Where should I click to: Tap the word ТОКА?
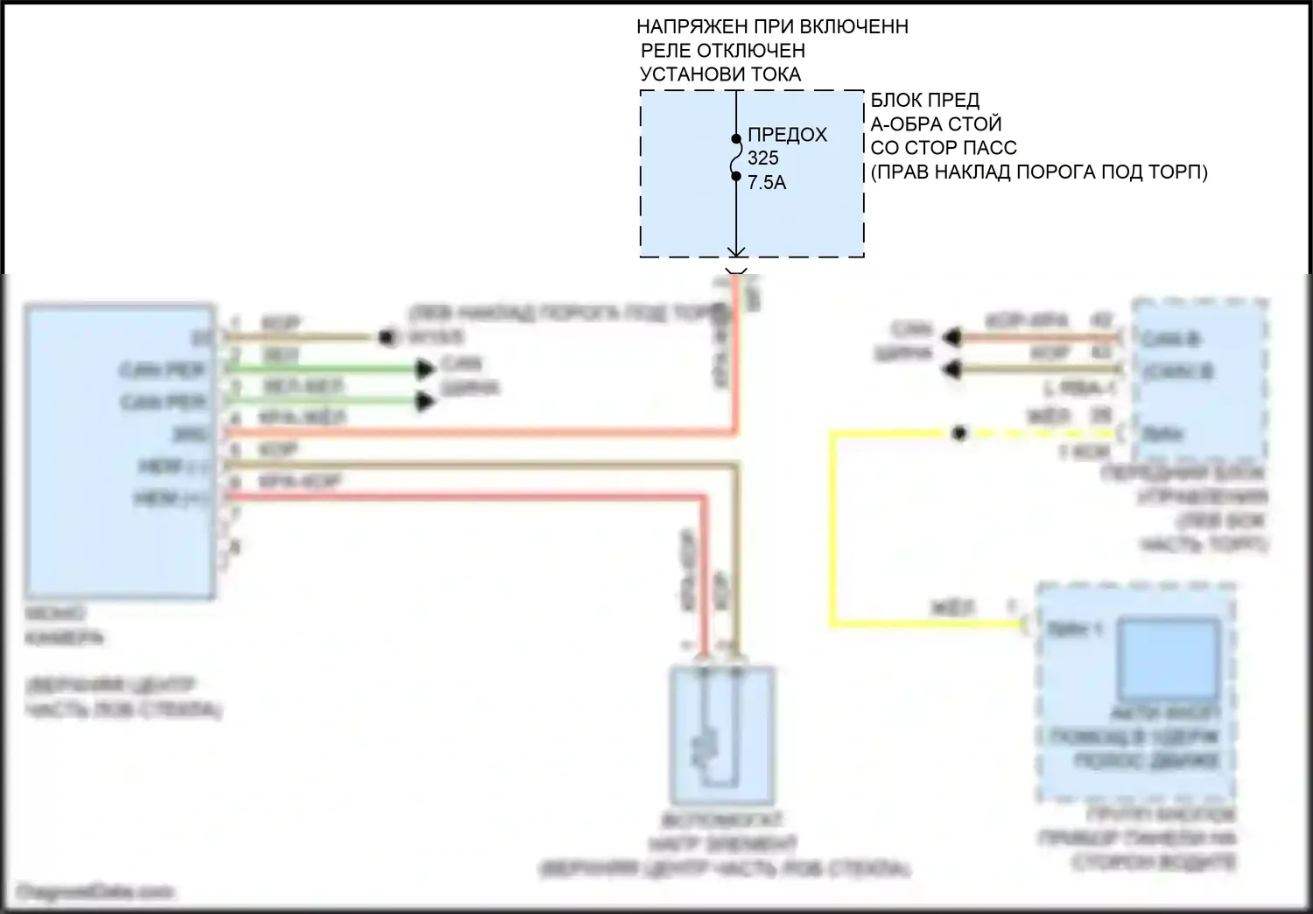coord(772,74)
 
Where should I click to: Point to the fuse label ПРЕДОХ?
coord(787,135)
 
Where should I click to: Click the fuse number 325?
coord(762,158)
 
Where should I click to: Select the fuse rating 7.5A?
coord(766,183)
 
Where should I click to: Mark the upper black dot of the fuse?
coord(736,138)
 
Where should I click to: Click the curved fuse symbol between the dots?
coord(736,158)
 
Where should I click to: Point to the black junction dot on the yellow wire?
coord(959,433)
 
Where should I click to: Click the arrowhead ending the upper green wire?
coord(425,369)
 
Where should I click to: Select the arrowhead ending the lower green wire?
coord(425,402)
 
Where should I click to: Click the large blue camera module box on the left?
coord(120,452)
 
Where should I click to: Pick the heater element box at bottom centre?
coord(721,735)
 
